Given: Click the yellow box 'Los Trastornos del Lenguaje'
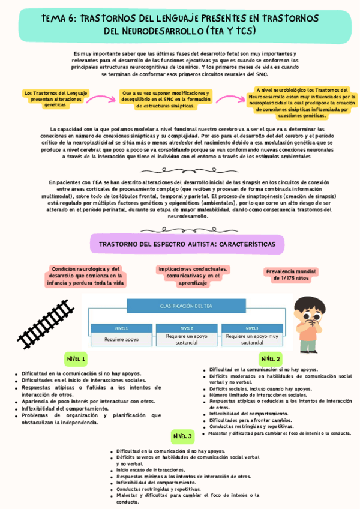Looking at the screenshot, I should pyautogui.click(x=56, y=97).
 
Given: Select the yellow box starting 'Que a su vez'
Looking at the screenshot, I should pyautogui.click(x=166, y=100).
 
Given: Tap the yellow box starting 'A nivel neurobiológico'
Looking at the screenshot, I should pyautogui.click(x=302, y=102).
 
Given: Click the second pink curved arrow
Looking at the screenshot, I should pyautogui.click(x=227, y=100).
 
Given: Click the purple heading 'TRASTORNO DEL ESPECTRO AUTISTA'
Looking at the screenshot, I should pyautogui.click(x=187, y=245).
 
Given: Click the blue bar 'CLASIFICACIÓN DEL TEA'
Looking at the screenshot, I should pyautogui.click(x=186, y=306).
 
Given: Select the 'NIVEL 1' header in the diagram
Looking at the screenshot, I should pyautogui.click(x=122, y=328).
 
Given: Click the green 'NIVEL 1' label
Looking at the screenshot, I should pyautogui.click(x=77, y=359).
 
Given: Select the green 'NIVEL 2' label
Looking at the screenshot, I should pyautogui.click(x=271, y=359).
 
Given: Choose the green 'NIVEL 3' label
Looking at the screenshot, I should pyautogui.click(x=183, y=436).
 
